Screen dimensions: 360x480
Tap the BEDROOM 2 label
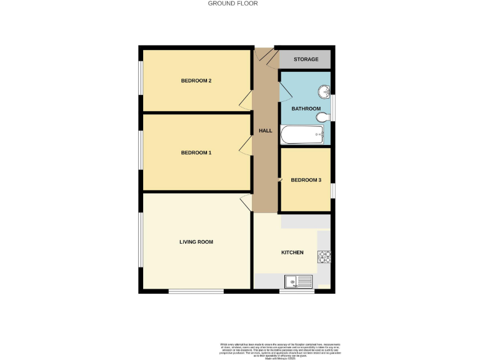pyautogui.click(x=196, y=81)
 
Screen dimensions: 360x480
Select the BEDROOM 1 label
pyautogui.click(x=196, y=153)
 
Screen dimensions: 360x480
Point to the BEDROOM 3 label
pyautogui.click(x=306, y=181)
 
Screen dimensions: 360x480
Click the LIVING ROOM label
pyautogui.click(x=196, y=242)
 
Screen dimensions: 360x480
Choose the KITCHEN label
pyautogui.click(x=292, y=252)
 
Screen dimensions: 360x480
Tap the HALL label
pyautogui.click(x=266, y=131)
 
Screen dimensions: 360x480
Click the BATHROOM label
pyautogui.click(x=306, y=109)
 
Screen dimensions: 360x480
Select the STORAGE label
pyautogui.click(x=306, y=60)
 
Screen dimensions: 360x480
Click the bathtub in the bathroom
pyautogui.click(x=302, y=133)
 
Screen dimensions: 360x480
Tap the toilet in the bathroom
pyautogui.click(x=322, y=117)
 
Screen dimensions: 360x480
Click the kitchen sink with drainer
pyautogui.click(x=299, y=281)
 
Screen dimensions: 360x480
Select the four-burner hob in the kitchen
pyautogui.click(x=324, y=256)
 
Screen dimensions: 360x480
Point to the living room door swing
pyautogui.click(x=247, y=201)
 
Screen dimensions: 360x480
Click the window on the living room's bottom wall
pyautogui.click(x=196, y=291)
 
